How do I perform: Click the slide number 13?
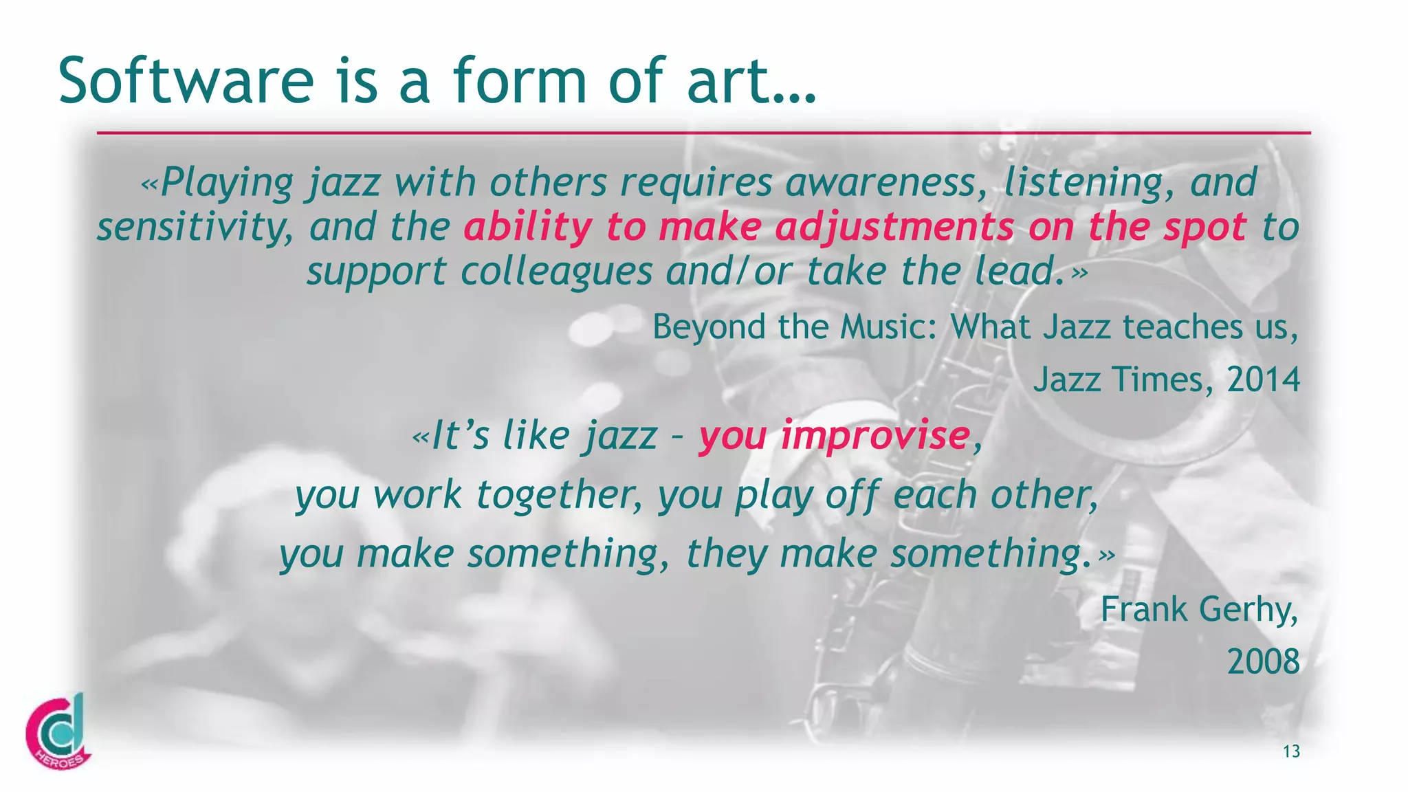click(x=1291, y=751)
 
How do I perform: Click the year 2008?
click(x=1264, y=662)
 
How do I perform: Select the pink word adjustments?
click(x=894, y=227)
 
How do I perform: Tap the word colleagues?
click(x=556, y=272)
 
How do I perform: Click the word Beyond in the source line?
click(x=707, y=327)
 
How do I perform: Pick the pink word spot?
click(x=1204, y=227)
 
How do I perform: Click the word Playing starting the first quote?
click(x=227, y=183)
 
